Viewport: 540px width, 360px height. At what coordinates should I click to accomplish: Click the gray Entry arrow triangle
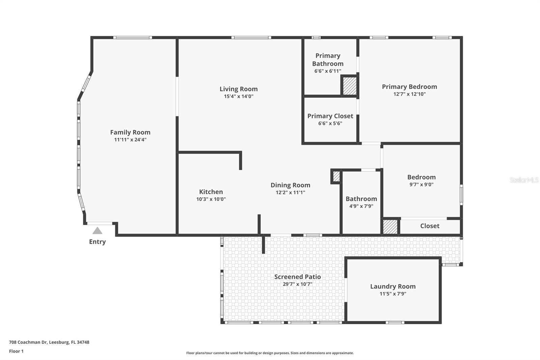pos(97,231)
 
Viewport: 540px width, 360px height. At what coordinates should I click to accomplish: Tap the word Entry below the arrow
pos(97,242)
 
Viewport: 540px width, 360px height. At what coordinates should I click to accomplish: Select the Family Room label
pos(130,132)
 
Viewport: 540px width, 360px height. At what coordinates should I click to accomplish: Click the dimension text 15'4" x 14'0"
pos(239,96)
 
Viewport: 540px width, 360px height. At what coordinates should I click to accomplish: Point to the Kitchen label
pos(211,192)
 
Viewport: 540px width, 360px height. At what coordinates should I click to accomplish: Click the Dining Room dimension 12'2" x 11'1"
pos(290,192)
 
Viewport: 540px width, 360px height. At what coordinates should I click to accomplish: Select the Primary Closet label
pos(330,116)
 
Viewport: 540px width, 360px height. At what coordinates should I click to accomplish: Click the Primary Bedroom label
pos(409,87)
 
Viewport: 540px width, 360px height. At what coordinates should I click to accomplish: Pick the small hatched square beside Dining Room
pos(336,176)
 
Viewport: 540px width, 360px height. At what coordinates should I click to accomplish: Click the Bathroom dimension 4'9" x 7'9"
pos(361,206)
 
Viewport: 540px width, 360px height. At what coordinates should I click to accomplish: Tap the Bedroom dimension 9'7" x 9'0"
pos(421,184)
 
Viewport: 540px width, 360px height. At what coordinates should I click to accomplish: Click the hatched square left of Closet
pos(390,227)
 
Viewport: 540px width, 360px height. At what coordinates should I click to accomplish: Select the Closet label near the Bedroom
pos(430,226)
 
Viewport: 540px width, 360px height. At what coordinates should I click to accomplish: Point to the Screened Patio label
pos(297,277)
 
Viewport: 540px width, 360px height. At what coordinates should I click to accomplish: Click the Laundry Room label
pos(393,286)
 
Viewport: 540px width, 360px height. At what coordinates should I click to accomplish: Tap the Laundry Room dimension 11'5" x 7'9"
pos(393,294)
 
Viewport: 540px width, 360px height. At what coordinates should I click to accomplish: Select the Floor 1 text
pos(16,351)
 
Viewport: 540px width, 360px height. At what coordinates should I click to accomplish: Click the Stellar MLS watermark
pos(524,180)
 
